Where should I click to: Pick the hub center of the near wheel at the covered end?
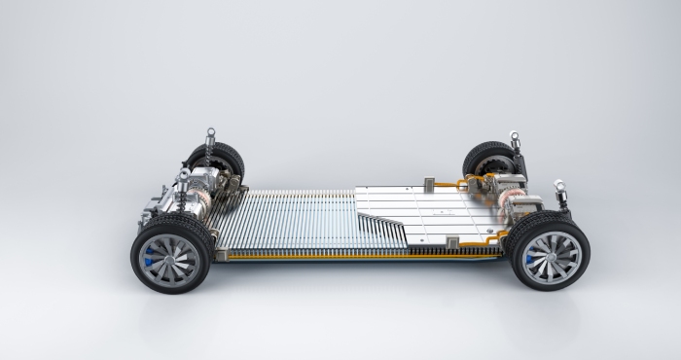coord(551,256)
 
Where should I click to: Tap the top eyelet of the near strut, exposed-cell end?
coord(183,175)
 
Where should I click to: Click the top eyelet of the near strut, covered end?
coord(559,183)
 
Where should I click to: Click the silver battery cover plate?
coord(428,209)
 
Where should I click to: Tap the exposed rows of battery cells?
coord(282,219)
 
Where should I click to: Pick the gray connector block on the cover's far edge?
coord(429,181)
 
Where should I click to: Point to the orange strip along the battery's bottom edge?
coord(360,255)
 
